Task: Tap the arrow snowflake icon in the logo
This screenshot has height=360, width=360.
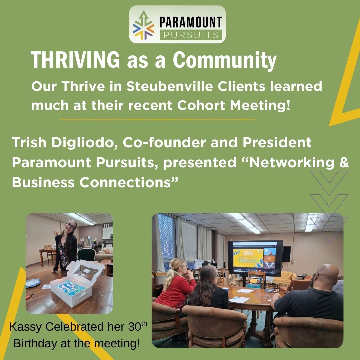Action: [143, 25]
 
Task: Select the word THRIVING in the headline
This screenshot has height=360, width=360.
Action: [75, 60]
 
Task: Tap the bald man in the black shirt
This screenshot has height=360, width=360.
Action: [313, 297]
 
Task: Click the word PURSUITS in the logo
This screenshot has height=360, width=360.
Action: [190, 34]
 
